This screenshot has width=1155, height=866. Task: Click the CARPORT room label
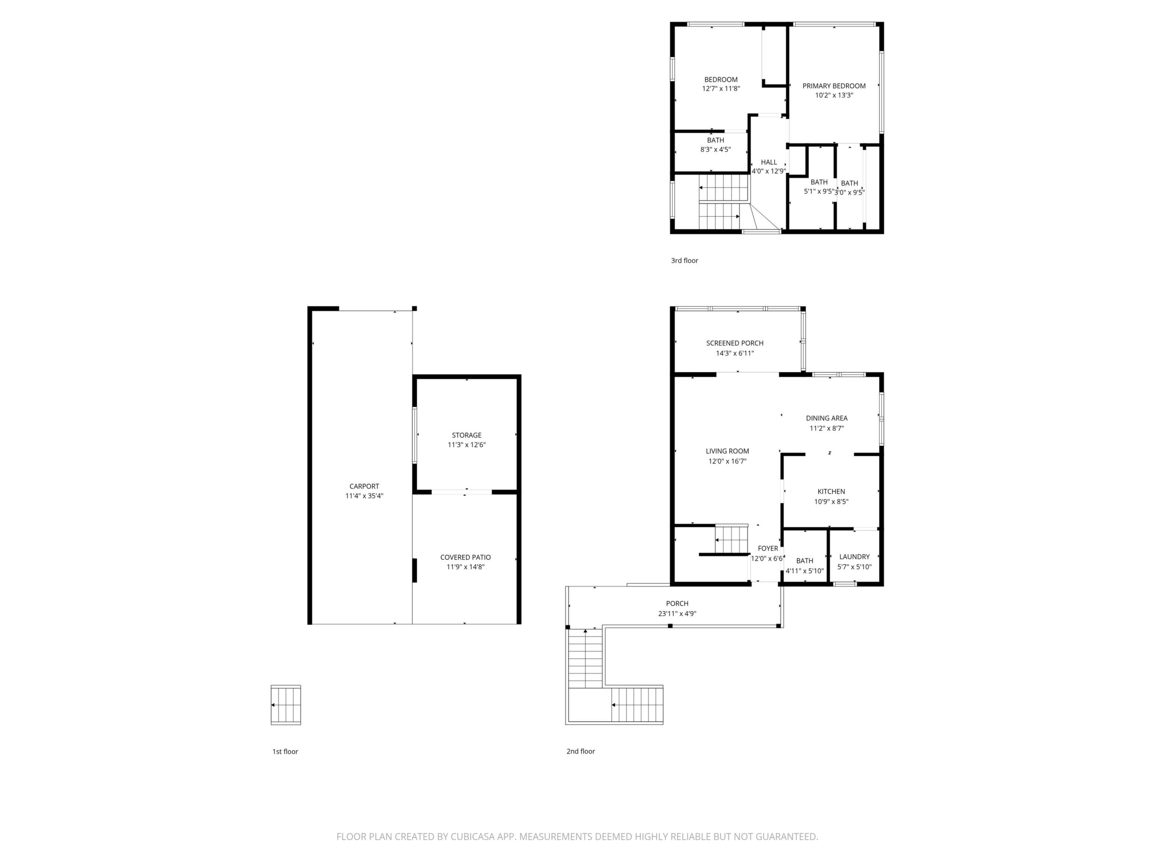click(365, 487)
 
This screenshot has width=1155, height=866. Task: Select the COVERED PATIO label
click(466, 557)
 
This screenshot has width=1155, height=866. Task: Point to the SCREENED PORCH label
click(735, 343)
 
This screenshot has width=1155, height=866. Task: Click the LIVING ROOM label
click(727, 452)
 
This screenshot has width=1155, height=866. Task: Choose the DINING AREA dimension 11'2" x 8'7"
click(827, 428)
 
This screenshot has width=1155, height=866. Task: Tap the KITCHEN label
click(831, 492)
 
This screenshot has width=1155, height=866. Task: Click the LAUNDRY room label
click(855, 557)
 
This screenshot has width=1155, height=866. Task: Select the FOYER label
click(768, 549)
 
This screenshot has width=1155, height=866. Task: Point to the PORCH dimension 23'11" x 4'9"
click(677, 614)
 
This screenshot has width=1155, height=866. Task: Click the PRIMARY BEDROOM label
click(834, 86)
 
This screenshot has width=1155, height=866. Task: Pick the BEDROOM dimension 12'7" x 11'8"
click(721, 89)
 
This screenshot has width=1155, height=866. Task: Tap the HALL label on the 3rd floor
click(769, 162)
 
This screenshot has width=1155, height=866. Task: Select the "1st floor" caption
click(285, 752)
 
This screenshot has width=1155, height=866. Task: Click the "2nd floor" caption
click(581, 751)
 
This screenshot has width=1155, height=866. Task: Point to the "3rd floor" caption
click(684, 260)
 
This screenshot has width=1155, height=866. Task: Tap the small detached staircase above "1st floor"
click(286, 705)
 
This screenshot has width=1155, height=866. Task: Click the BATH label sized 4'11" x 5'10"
click(805, 561)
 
